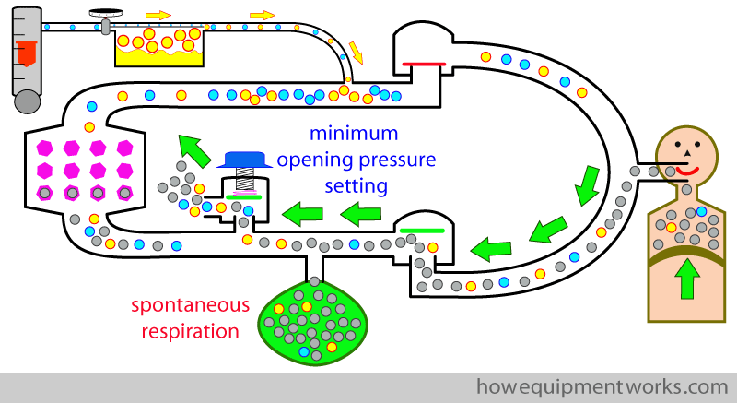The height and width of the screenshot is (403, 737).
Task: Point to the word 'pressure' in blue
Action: coord(397,160)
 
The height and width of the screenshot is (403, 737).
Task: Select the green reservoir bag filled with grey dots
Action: coord(316,319)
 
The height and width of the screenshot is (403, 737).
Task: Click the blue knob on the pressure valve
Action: coord(246,159)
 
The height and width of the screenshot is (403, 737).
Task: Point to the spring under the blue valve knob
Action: coord(246,177)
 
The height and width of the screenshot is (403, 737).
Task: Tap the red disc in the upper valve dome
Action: coord(423,65)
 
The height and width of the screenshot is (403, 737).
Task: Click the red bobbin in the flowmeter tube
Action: coord(28,51)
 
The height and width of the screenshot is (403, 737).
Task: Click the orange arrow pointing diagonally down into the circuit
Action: coord(356,53)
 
